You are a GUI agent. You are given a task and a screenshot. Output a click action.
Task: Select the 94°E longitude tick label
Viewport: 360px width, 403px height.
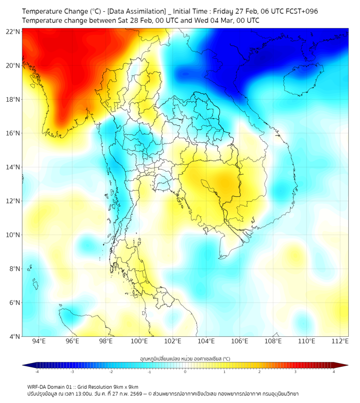coord(39,341)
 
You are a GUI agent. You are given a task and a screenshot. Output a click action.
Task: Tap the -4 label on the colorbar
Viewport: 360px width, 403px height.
coord(36,372)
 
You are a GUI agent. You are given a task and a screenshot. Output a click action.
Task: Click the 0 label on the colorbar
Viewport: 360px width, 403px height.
coord(185,372)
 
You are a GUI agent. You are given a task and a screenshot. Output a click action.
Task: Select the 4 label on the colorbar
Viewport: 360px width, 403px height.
coord(334,372)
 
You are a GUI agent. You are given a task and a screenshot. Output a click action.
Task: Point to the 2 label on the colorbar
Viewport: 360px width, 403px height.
coord(259,372)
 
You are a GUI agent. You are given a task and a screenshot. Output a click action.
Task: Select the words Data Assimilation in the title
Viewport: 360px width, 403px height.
coord(137,11)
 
